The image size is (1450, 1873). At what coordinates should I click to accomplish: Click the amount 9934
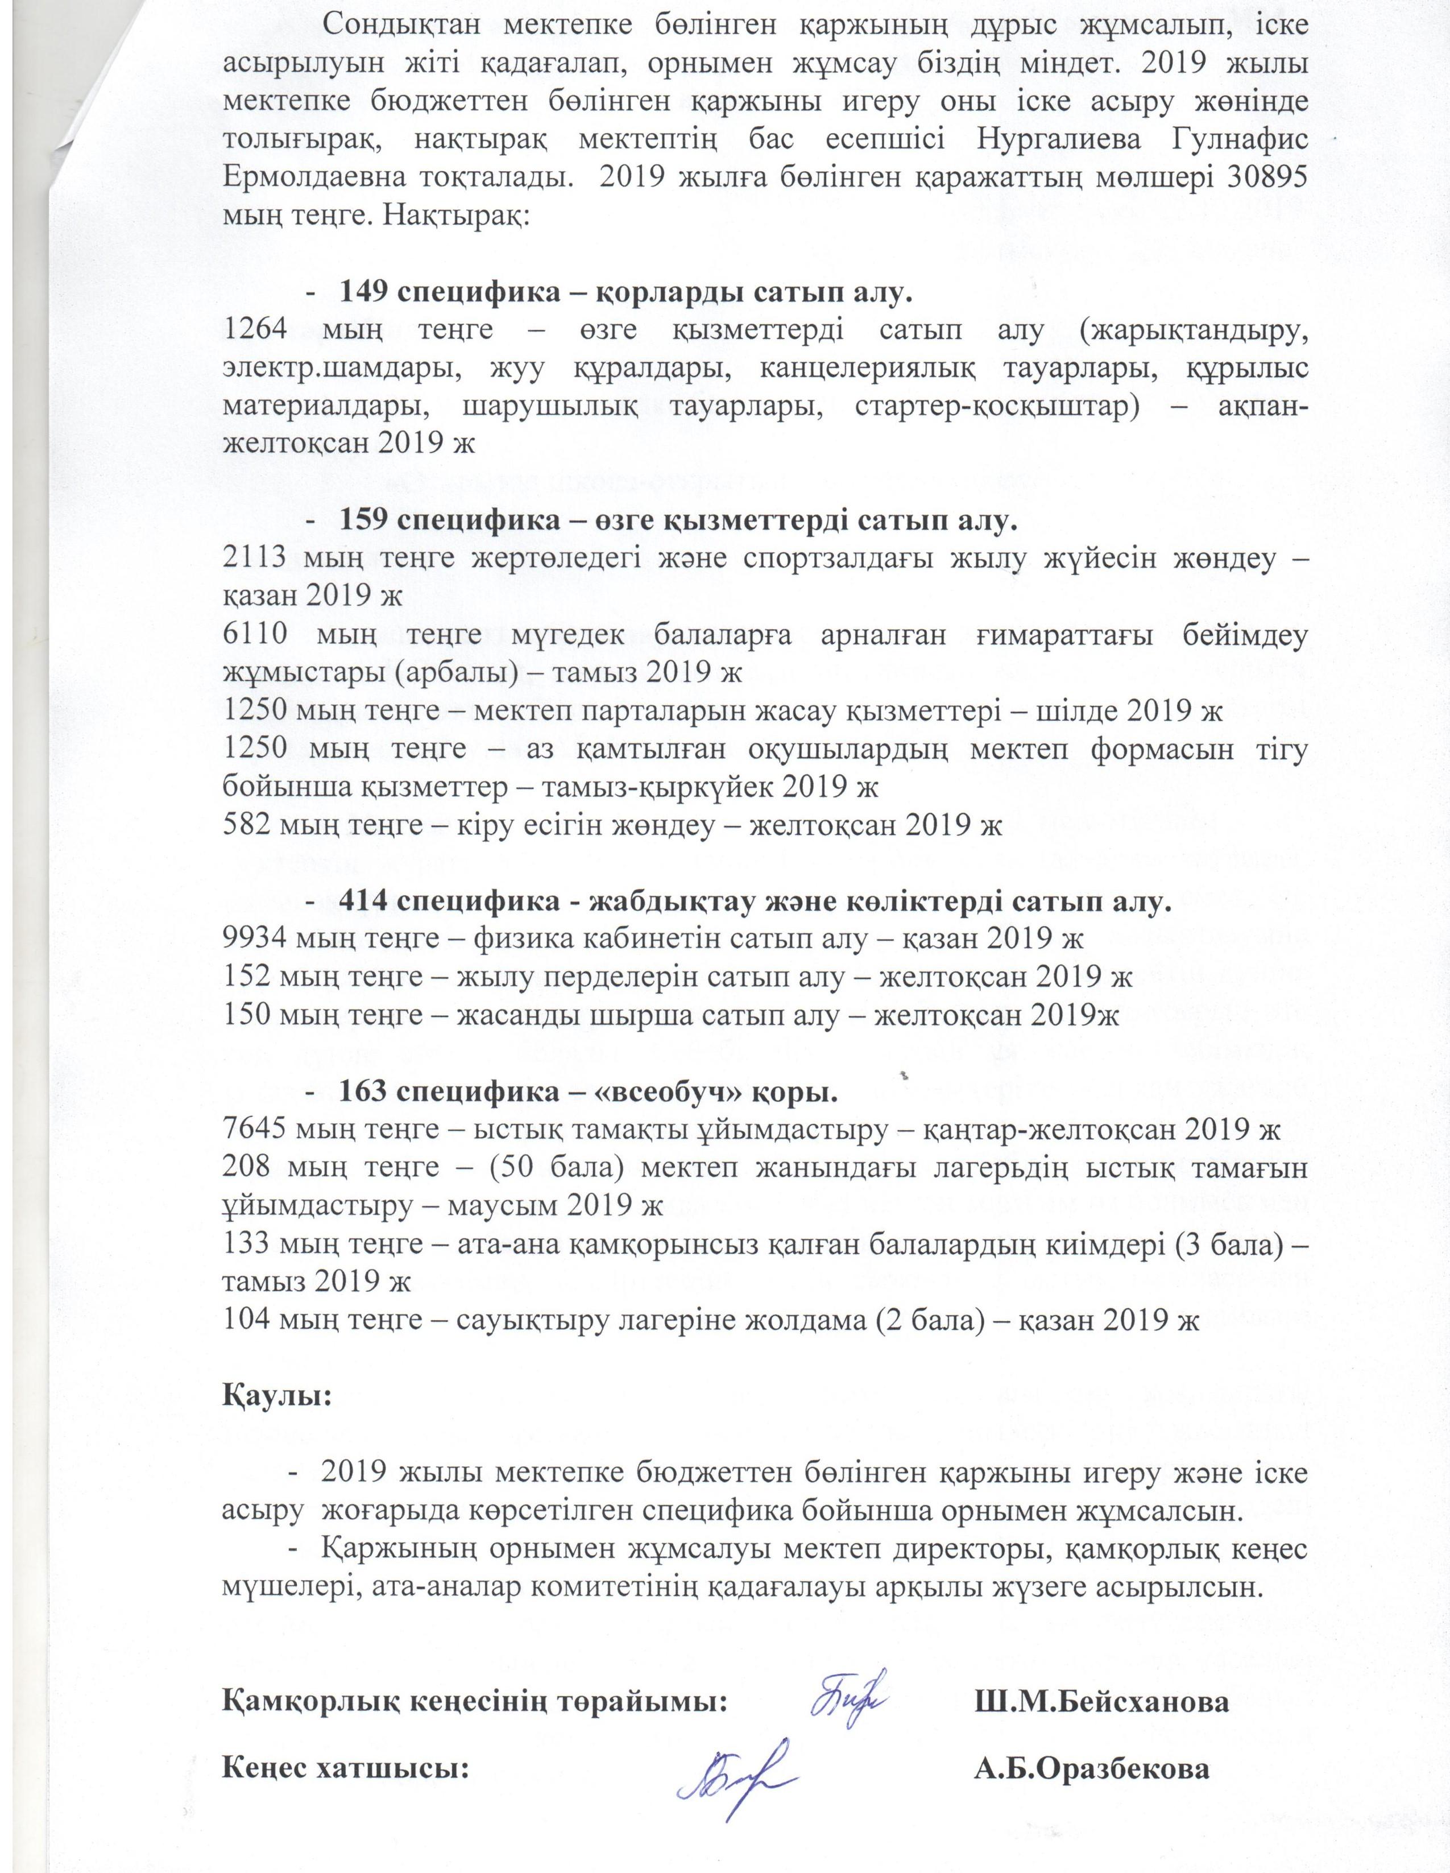click(255, 939)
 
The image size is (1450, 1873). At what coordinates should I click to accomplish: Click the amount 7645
click(255, 1130)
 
